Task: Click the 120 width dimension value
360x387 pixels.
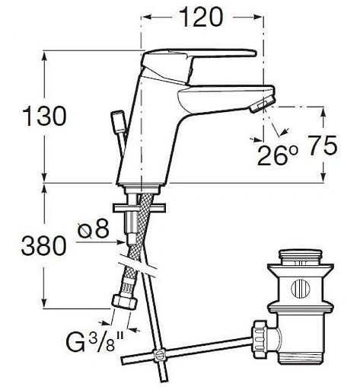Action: click(201, 17)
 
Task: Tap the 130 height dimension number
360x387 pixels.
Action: click(44, 116)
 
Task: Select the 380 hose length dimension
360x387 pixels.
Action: click(43, 246)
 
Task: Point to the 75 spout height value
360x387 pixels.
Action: click(323, 146)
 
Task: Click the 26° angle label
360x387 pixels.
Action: click(278, 155)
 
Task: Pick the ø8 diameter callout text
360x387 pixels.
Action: click(94, 229)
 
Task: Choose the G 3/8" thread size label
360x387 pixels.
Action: click(95, 341)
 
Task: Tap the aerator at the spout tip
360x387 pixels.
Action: click(262, 105)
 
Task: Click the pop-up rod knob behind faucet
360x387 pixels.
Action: click(118, 120)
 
